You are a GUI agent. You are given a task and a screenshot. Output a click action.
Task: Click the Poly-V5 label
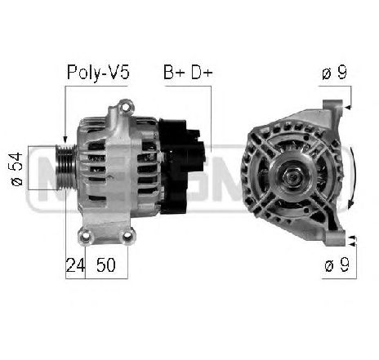pos(97,73)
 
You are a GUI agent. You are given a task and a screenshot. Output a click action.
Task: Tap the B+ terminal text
pos(173,73)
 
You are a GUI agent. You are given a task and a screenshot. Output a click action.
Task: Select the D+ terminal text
pos(200,73)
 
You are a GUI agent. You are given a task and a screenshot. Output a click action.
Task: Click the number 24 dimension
pos(74,264)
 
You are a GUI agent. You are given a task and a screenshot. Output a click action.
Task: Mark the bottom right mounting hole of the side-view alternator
pos(127,237)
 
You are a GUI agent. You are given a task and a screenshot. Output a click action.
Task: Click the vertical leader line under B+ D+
pos(211,114)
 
